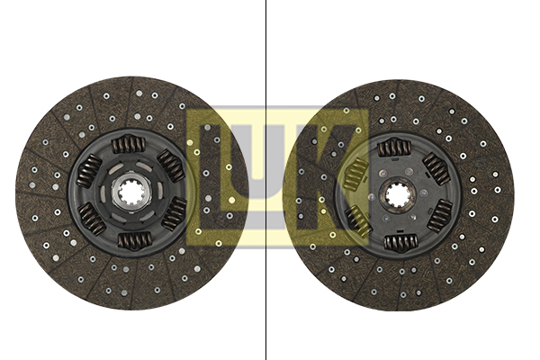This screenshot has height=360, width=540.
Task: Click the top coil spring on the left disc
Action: click(x=128, y=144)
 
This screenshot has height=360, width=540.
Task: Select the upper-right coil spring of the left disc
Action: click(x=171, y=166)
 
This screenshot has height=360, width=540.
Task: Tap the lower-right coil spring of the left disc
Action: click(x=174, y=214)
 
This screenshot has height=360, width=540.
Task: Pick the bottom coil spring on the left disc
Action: click(x=134, y=240)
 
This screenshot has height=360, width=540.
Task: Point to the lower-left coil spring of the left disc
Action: click(x=91, y=219)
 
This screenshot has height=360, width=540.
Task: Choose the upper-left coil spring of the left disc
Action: click(x=88, y=171)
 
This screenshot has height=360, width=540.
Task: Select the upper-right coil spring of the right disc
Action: click(x=436, y=169)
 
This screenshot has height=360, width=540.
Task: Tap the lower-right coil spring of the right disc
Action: click(x=440, y=216)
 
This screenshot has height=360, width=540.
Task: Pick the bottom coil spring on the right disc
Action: click(x=400, y=242)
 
